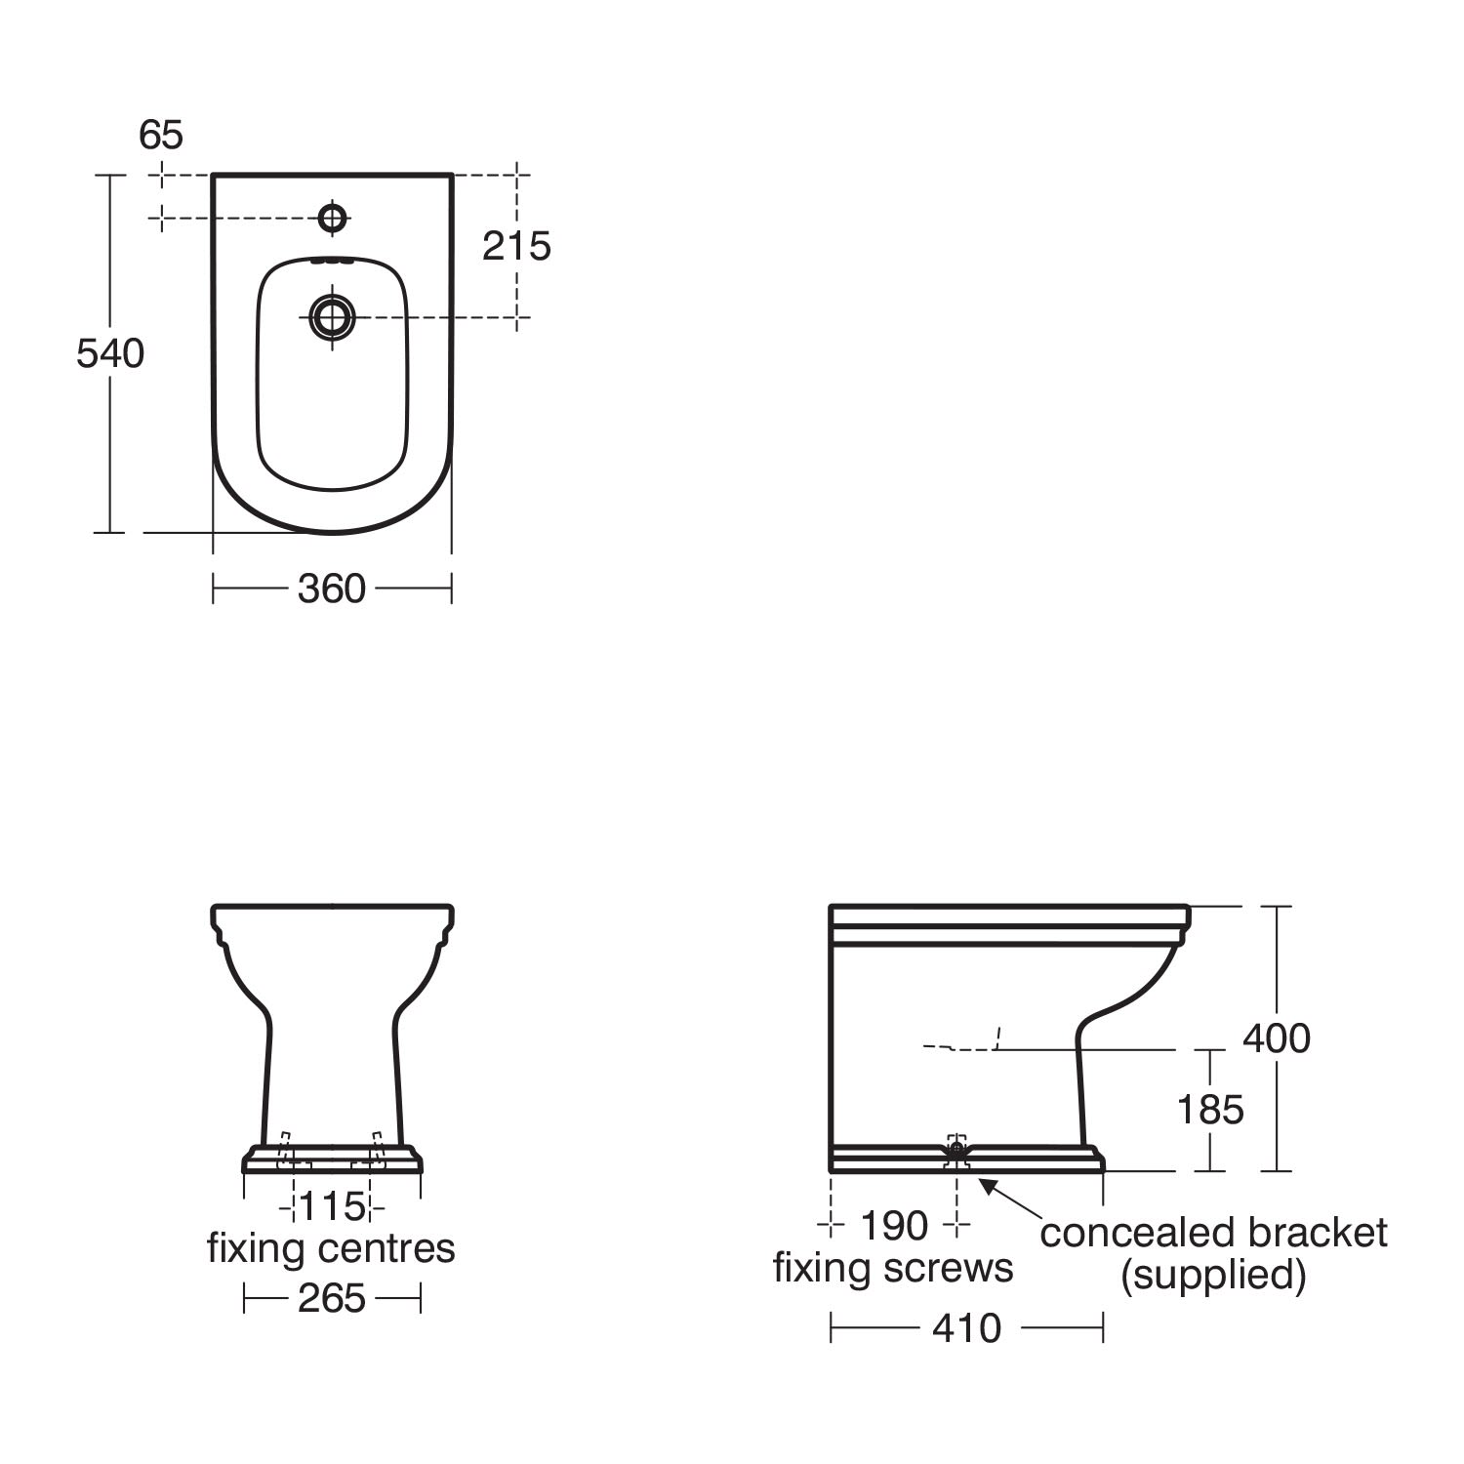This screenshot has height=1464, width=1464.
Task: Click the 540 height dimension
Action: [x=110, y=353]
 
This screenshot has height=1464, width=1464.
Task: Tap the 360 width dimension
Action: [x=332, y=589]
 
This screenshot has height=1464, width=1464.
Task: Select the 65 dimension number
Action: [x=161, y=135]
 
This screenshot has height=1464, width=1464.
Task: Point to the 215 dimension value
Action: [x=516, y=246]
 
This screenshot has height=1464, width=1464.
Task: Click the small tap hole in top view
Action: [x=333, y=218]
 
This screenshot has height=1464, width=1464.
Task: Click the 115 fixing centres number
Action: [x=332, y=1206]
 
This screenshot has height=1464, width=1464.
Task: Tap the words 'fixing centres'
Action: [x=331, y=1249]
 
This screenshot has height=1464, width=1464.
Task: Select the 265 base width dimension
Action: [x=332, y=1298]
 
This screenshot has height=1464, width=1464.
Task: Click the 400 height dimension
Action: [x=1277, y=1038]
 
